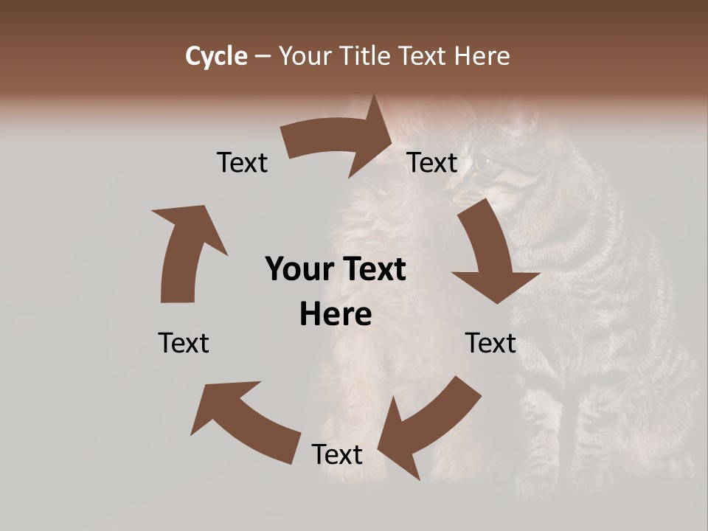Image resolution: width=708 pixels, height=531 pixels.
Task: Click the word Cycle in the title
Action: [x=216, y=56]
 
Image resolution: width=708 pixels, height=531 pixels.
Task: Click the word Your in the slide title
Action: [x=305, y=56]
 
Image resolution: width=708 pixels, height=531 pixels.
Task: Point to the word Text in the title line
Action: [x=423, y=56]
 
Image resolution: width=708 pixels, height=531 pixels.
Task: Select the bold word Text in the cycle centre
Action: [x=373, y=269]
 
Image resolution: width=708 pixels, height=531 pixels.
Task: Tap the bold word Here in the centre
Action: [x=336, y=314]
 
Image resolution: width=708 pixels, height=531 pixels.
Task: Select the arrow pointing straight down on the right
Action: [x=493, y=254]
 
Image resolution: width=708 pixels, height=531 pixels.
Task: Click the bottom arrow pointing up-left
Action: [x=243, y=420]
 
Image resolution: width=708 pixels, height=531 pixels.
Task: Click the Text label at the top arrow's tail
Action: [x=242, y=162]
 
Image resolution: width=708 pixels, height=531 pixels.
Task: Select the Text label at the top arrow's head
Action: [x=432, y=162]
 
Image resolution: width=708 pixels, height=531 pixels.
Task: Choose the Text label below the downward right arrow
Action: [x=490, y=343]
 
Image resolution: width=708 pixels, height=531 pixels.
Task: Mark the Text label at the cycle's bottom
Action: [x=337, y=454]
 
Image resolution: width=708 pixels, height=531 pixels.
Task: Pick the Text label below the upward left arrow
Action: [x=184, y=343]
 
